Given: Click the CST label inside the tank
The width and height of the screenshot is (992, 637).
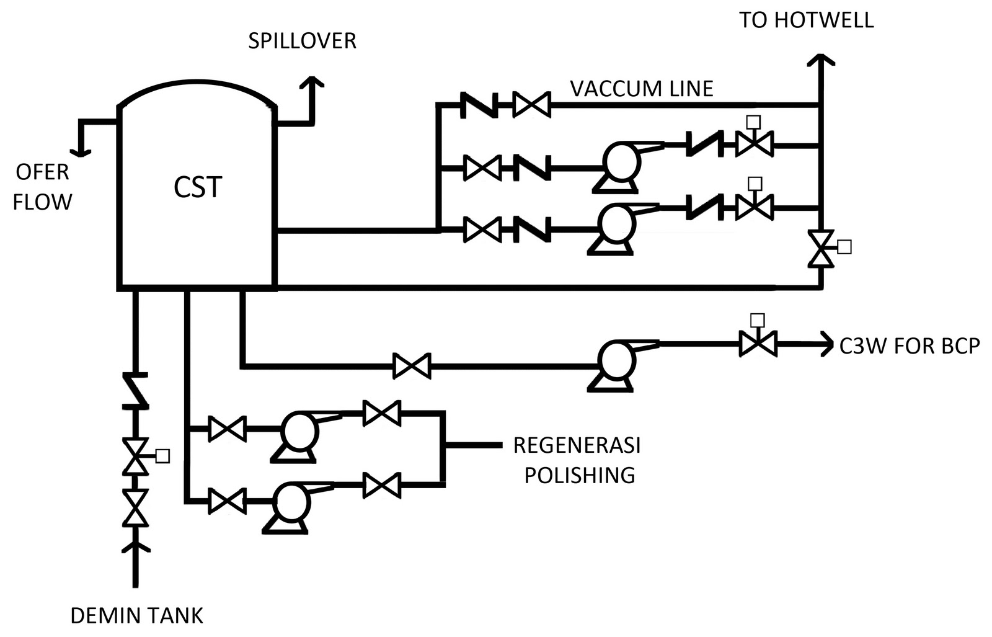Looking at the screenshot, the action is point(198,187).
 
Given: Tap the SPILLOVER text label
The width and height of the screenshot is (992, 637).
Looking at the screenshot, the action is point(302,41).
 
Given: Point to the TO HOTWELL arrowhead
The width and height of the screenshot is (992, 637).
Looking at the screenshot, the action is point(821,60).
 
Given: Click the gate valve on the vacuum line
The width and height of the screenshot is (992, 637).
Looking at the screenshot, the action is point(531,105).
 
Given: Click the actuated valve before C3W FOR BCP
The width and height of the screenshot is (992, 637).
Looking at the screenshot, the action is point(758,338).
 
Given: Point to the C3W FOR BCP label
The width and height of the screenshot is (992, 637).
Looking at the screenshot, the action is point(910,346).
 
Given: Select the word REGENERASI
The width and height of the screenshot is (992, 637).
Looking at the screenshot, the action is point(577,445).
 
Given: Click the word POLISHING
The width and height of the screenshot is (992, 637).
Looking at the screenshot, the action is point(580,475).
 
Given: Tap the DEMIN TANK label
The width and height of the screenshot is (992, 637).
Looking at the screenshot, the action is point(136,616).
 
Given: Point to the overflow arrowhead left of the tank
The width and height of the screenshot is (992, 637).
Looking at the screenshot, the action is point(80,152).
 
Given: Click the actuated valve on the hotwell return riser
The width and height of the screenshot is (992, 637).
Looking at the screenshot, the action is point(825,248).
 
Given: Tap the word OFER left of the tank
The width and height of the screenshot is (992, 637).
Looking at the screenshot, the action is point(42,172).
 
